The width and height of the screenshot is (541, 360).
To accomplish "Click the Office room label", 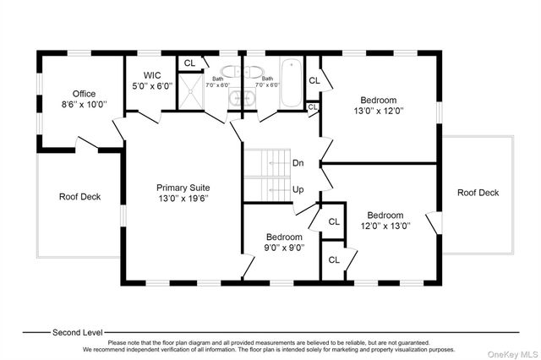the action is coord(84,94).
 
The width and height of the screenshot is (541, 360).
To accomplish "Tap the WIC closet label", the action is coord(152,75).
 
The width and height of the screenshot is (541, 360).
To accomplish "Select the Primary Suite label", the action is coord(183,188).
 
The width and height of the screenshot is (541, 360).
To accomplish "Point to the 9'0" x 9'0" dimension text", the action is coord(284,248).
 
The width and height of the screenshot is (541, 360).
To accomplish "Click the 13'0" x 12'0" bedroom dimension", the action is coord(379,111).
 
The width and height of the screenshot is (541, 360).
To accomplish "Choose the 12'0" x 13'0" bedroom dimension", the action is coord(385,226).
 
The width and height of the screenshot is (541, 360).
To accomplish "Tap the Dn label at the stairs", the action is coord(298,163).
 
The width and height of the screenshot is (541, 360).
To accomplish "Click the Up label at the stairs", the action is coord(298,189).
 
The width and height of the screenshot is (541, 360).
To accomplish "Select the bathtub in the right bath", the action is coord(292,83).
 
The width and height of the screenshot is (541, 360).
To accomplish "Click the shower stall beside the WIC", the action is coord(191,91).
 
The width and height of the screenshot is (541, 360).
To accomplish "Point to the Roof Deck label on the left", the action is coord(80,197).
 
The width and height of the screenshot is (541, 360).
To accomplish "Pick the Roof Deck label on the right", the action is coord(478,193).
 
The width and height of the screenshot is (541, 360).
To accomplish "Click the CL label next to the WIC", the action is coord(189,63).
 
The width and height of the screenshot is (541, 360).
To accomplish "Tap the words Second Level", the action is coord(78,332).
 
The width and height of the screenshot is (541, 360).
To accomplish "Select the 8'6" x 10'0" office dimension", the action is coord(85,104).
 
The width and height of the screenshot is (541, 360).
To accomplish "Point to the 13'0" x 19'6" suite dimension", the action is coord(183,199).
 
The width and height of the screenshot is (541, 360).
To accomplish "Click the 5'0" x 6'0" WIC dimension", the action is coord(152,86).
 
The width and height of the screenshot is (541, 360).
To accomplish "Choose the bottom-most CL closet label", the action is coord(334,259).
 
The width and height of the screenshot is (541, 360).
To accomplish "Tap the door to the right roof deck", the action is coord(434,223).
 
